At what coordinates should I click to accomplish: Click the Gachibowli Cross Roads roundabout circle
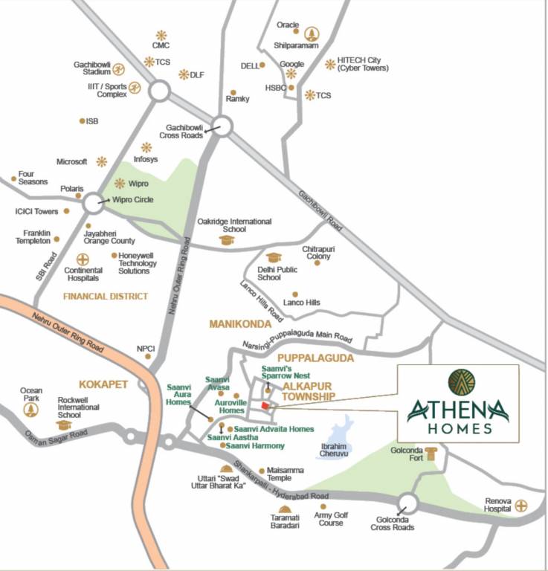[221, 126]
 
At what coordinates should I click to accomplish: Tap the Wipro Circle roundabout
[94, 202]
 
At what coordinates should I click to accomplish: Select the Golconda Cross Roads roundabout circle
[407, 503]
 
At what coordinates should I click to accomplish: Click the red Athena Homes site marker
[265, 405]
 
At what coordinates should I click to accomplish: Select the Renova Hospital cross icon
[521, 506]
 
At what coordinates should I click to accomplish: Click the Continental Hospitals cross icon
[83, 259]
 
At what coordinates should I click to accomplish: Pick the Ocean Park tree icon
[31, 409]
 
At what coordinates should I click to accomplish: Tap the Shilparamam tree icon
[311, 33]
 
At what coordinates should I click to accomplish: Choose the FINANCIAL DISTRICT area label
[105, 296]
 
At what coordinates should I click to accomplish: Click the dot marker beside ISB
[82, 120]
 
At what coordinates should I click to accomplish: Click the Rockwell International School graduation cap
[64, 425]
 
